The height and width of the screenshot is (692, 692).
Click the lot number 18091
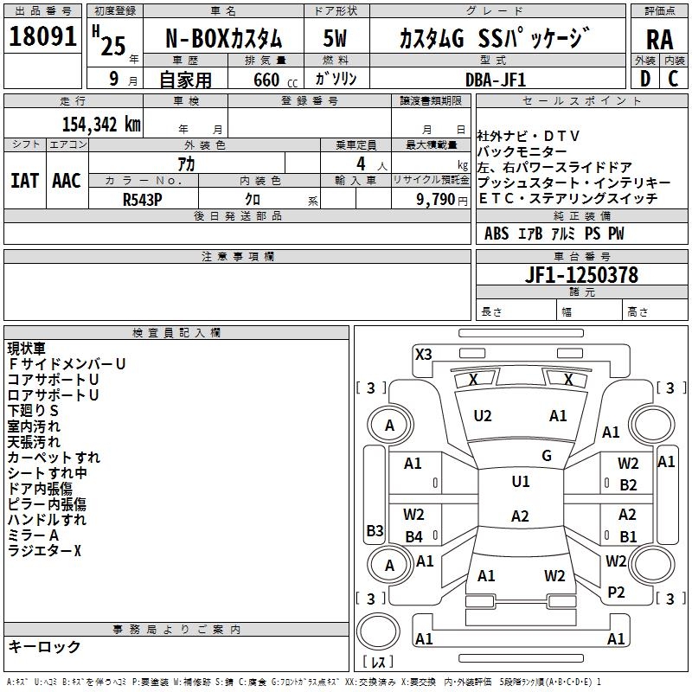pos(42,36)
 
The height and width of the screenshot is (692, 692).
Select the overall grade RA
pos(659,40)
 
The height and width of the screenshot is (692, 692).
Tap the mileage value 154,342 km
pos(101,125)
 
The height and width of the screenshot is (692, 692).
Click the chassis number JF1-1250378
pos(581,275)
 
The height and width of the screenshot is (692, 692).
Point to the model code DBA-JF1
pos(496,80)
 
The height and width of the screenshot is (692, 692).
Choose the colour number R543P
pos(143,200)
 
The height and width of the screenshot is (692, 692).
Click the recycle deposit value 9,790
pos(435,200)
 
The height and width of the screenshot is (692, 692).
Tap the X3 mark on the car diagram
pos(424,355)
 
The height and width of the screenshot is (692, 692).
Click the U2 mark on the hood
pos(483,416)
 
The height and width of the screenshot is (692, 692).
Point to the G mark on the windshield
pos(547,456)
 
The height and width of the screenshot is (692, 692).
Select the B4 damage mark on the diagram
pos(414,536)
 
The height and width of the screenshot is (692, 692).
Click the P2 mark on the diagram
pos(616,593)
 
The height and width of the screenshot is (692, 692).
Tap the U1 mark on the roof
pos(521,482)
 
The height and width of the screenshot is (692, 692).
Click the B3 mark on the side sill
pos(375,530)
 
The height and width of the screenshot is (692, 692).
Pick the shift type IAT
pos(24,181)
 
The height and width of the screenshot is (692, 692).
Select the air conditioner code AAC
pos(67,181)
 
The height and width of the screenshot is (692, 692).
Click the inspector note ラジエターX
pos(45,551)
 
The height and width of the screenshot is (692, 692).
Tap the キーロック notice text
pos(45,646)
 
